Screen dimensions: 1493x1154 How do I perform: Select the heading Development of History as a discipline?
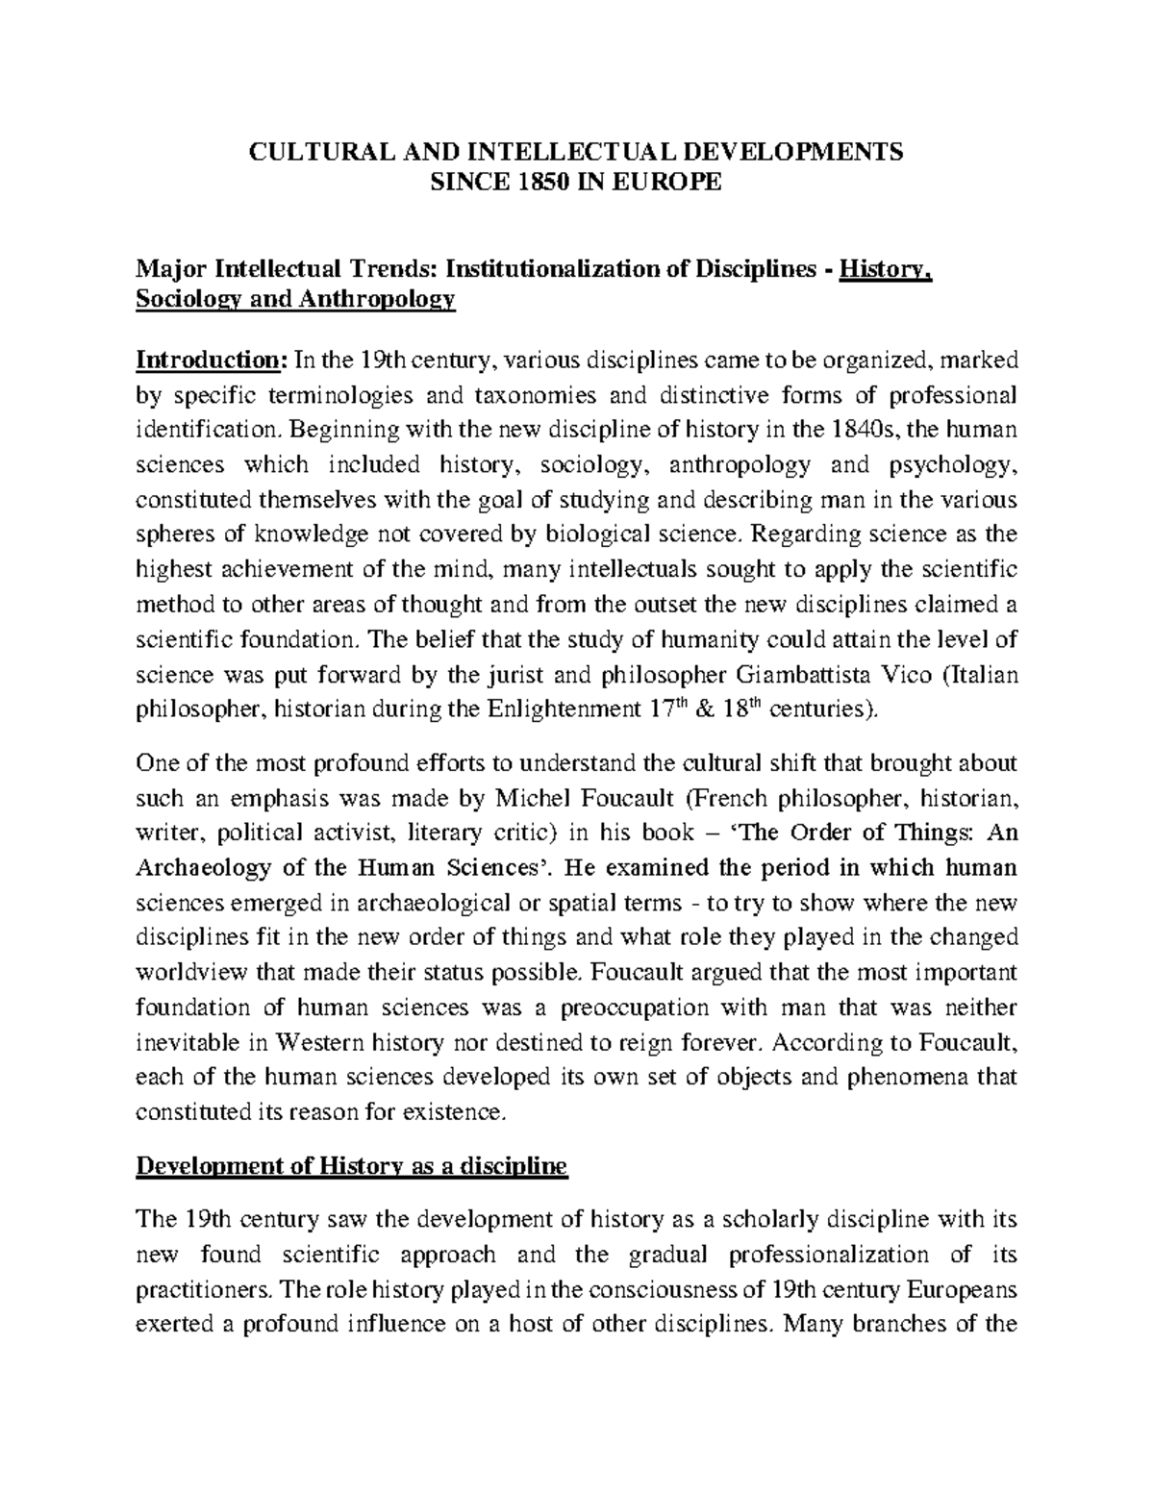(352, 1168)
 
